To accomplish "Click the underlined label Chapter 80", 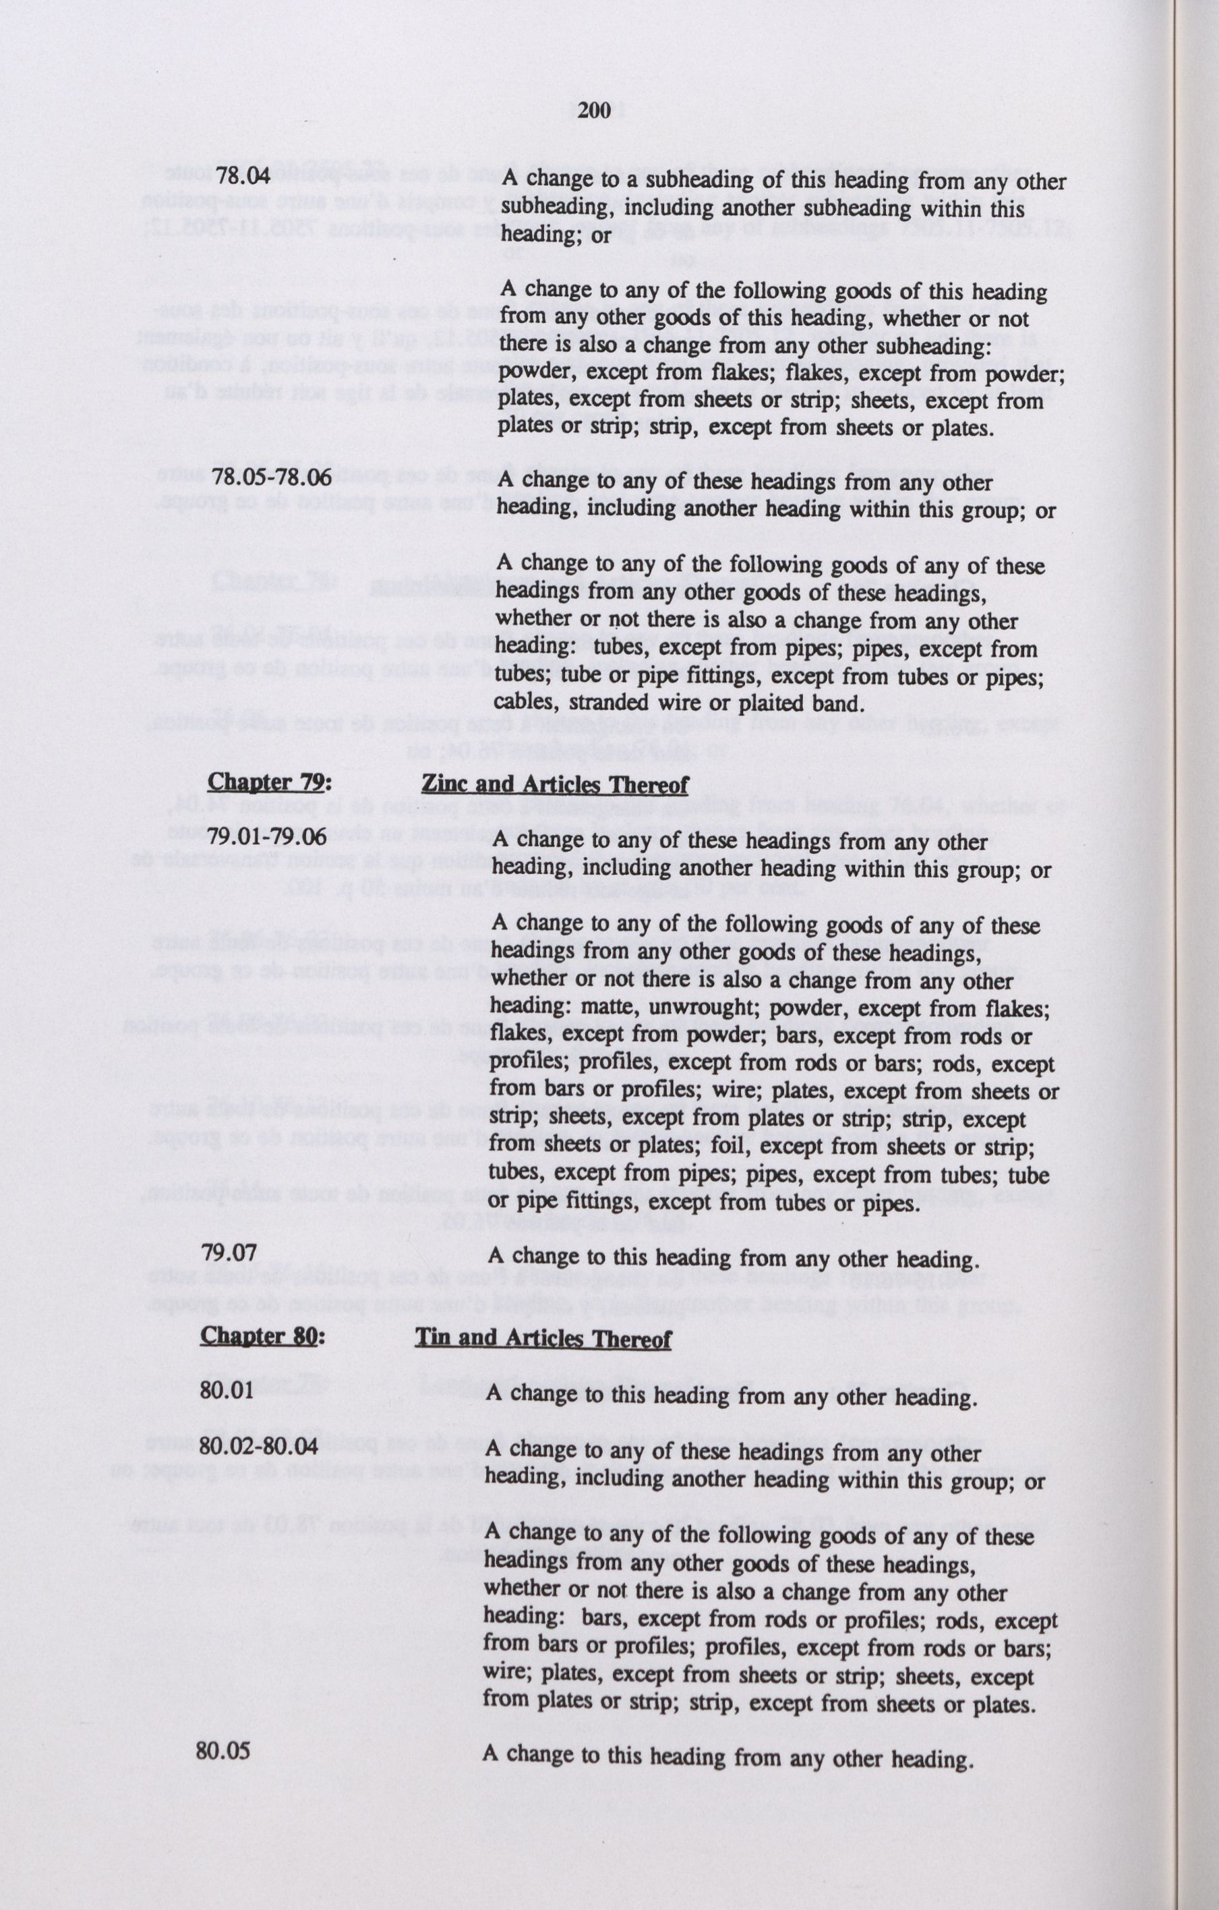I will click(x=262, y=1336).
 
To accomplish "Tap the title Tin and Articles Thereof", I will click(x=543, y=1339).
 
